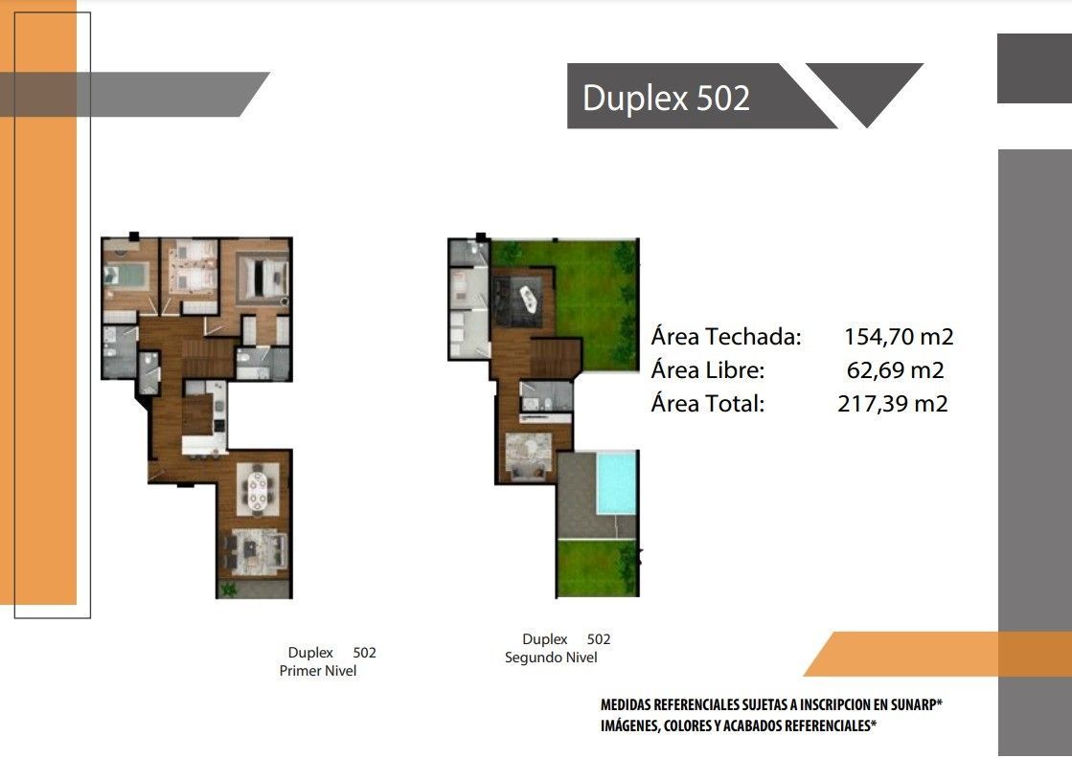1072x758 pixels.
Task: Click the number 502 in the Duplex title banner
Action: [x=722, y=98]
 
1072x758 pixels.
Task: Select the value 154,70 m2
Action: [x=899, y=337]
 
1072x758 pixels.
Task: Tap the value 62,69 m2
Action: [x=895, y=370]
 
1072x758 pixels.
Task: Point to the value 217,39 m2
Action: [x=893, y=404]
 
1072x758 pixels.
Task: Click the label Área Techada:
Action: [x=726, y=337]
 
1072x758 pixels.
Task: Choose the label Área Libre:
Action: [x=708, y=370]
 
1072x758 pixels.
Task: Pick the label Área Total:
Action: [x=708, y=404]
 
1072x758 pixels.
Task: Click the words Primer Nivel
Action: [x=318, y=671]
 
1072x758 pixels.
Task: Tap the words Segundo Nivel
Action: [x=551, y=657]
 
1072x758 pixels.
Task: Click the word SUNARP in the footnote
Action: [x=913, y=704]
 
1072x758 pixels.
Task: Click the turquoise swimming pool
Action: [x=617, y=482]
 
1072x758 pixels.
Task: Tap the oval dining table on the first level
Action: [x=258, y=491]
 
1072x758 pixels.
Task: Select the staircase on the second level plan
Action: [x=555, y=357]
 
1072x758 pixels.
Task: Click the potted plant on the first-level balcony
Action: [x=228, y=589]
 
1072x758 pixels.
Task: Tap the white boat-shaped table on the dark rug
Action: [x=528, y=300]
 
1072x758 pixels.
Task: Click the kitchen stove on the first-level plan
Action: [x=218, y=425]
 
